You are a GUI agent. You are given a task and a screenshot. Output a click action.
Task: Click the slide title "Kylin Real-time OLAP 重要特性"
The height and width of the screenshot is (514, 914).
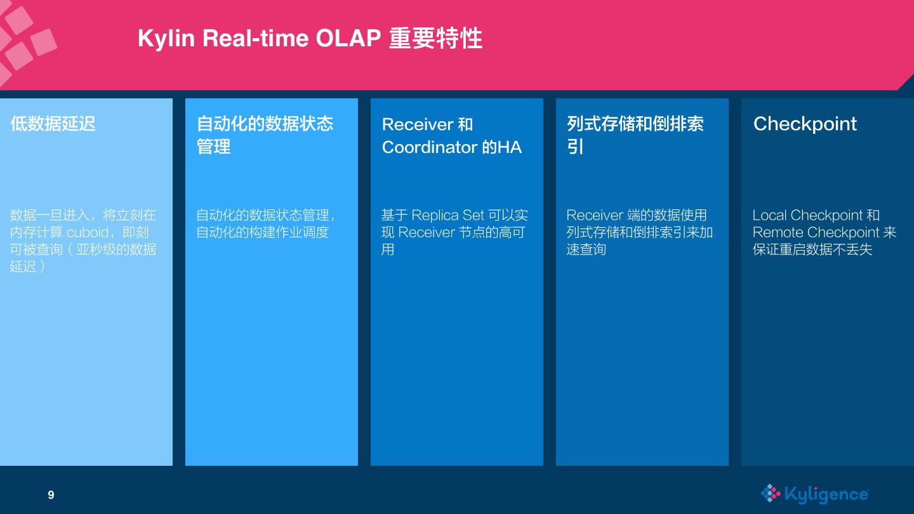[x=310, y=39]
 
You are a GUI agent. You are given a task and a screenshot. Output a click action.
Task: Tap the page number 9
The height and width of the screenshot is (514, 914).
[x=51, y=495]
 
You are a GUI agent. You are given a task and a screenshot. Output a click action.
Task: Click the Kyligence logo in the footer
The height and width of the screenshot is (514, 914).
[x=814, y=494]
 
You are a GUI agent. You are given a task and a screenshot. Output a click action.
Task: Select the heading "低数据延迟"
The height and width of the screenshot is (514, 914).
[x=53, y=124]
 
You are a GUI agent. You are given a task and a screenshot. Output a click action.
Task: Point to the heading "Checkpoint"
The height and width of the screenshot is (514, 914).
[x=805, y=124]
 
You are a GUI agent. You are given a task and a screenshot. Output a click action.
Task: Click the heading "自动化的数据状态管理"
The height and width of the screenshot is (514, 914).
[x=265, y=135]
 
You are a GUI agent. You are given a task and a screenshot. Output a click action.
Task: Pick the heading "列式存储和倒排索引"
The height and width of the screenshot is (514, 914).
[x=635, y=135]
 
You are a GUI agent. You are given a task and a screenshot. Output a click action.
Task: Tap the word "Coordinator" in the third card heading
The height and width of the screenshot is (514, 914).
[x=429, y=147]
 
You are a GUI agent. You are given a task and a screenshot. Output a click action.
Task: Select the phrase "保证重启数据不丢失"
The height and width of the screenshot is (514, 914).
[x=812, y=249]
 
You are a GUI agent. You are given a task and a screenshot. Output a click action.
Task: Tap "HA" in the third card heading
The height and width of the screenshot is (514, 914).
[x=509, y=147]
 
